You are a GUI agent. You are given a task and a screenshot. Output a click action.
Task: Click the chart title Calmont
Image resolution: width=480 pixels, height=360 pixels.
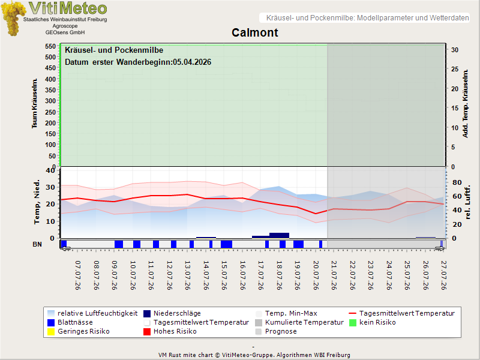[x=254, y=32]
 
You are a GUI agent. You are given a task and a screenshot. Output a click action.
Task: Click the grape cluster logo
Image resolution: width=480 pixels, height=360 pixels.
[x=13, y=19]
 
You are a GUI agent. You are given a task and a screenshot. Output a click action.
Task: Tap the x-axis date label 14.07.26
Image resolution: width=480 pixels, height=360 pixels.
[x=206, y=275]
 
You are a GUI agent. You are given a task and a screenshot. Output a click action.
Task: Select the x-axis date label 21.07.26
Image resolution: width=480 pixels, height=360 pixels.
[x=334, y=275]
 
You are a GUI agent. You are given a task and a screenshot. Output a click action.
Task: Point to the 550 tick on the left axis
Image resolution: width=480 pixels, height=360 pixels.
[x=50, y=46]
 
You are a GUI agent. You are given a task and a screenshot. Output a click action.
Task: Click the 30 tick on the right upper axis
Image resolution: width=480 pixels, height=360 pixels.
[x=455, y=50]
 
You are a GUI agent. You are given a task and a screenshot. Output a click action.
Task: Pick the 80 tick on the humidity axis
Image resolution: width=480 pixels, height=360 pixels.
[x=457, y=182]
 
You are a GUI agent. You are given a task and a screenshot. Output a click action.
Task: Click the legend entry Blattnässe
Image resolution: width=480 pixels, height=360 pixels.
[x=70, y=322]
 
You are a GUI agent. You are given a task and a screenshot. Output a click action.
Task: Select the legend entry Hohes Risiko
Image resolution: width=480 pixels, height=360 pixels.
[x=170, y=331]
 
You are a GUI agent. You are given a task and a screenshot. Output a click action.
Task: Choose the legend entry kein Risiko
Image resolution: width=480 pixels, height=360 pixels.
[x=373, y=322]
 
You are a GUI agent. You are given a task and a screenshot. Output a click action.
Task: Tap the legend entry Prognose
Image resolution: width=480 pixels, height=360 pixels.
[x=276, y=331]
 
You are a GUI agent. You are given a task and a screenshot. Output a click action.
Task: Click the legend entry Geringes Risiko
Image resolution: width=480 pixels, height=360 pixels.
[x=79, y=331]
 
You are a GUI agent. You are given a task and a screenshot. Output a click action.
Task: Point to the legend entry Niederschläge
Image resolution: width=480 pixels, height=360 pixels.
[x=172, y=313]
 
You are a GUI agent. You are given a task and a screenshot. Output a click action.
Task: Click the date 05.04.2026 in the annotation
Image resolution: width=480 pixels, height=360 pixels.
[x=192, y=62]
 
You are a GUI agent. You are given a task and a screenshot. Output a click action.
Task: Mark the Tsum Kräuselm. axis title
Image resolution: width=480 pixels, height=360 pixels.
[x=35, y=103]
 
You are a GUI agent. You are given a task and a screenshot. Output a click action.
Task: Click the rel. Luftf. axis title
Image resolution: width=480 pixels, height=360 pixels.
[x=467, y=202]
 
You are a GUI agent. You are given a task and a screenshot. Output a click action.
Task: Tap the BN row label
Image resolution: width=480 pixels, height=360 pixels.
[x=37, y=244]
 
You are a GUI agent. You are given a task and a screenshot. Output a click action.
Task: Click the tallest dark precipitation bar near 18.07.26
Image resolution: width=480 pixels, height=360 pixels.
[x=279, y=235]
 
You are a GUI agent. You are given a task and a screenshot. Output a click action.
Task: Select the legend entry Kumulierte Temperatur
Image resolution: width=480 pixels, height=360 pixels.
[x=299, y=322]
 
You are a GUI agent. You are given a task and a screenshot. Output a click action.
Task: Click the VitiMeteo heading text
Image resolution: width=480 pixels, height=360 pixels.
[x=68, y=8]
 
